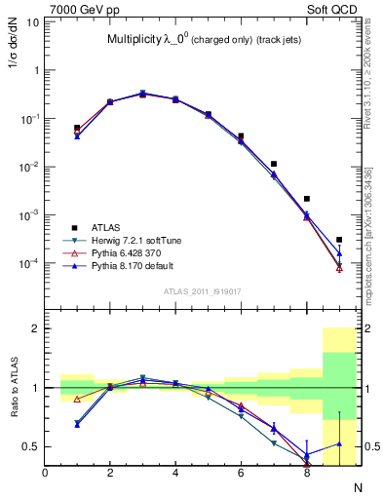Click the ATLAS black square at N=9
click(x=339, y=240)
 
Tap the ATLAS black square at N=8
click(x=307, y=199)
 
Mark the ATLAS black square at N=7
click(x=274, y=164)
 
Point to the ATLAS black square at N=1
click(x=77, y=128)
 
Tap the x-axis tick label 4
click(x=175, y=474)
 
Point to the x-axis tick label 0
click(x=45, y=474)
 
